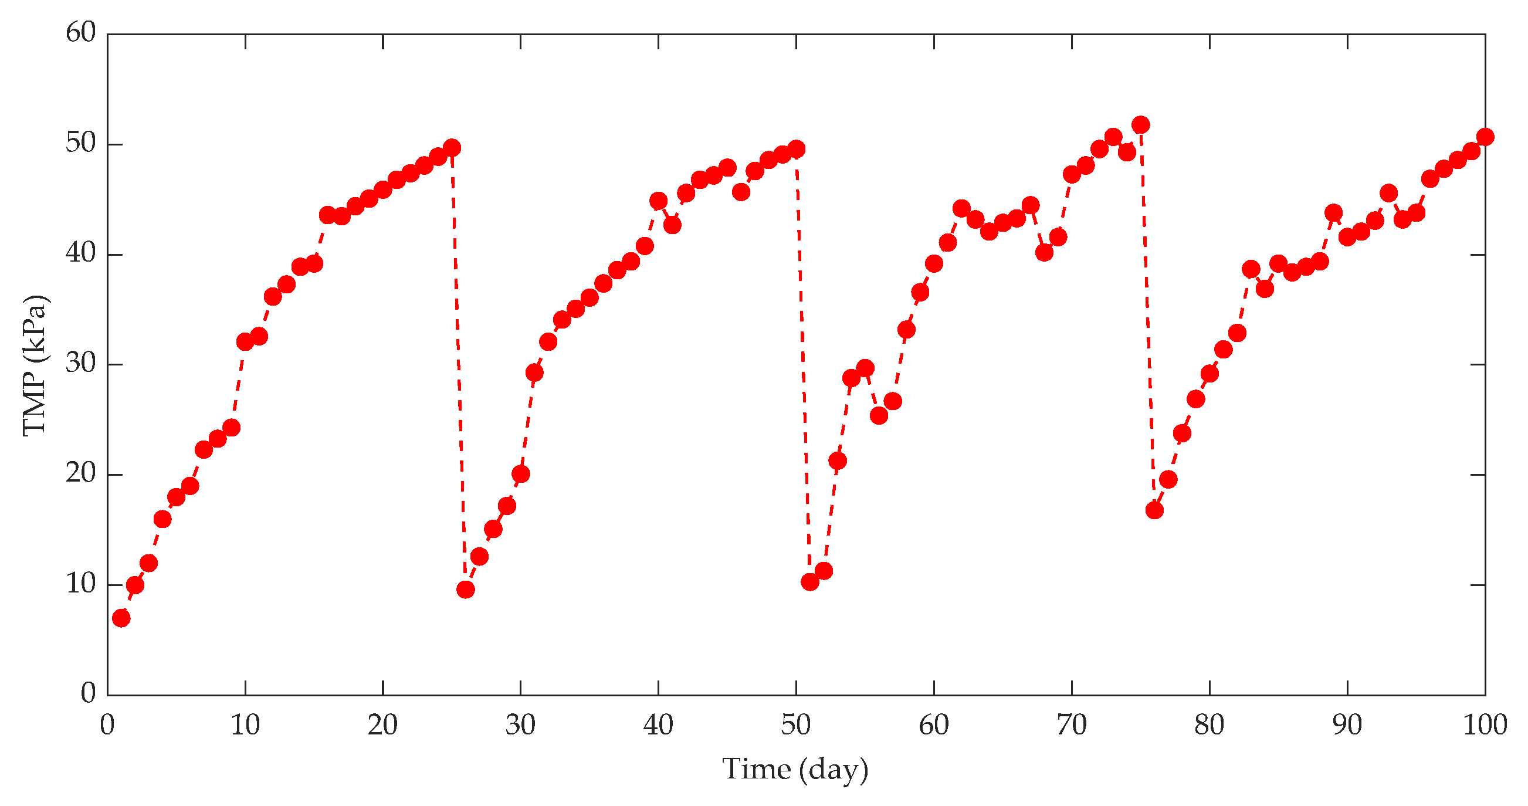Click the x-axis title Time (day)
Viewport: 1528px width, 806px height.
795,770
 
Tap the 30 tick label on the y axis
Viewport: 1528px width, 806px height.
81,364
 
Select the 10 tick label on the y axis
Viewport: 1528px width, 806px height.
81,584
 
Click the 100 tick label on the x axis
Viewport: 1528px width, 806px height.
1485,725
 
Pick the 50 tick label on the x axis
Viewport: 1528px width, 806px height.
796,725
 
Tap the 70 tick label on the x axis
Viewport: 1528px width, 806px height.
1071,725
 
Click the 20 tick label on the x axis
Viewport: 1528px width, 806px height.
382,725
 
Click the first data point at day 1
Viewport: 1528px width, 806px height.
121,618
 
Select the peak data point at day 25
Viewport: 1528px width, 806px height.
452,148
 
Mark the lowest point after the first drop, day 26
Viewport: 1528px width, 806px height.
466,590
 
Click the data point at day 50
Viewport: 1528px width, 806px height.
797,149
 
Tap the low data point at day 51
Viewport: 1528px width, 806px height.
809,582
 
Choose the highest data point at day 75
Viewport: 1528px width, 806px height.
1141,124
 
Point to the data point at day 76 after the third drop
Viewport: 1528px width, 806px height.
1154,510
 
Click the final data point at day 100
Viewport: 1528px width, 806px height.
1485,137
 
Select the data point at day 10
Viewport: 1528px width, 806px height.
245,341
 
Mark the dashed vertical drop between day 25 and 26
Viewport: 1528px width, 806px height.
459,368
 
